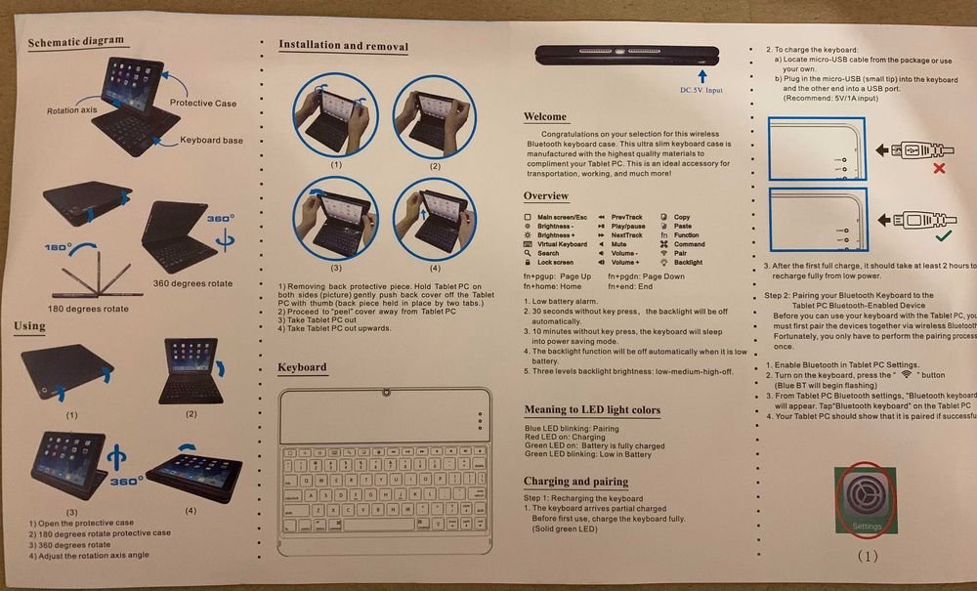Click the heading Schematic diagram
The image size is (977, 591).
pos(75,41)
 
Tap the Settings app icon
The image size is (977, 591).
pos(866,500)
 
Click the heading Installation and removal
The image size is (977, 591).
pos(343,45)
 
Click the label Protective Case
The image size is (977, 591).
pos(203,103)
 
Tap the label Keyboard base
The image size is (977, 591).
pos(211,141)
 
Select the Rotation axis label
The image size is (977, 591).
pos(71,110)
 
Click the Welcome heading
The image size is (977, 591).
pos(544,116)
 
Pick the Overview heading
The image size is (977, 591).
pos(545,196)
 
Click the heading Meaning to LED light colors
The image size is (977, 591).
pos(592,409)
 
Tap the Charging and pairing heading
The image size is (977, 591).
pos(575,482)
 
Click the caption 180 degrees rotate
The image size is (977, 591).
pos(89,309)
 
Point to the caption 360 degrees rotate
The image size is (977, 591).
pos(192,283)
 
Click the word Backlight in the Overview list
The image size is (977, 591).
pos(688,262)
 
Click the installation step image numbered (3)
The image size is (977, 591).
pos(335,222)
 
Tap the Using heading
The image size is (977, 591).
pos(29,325)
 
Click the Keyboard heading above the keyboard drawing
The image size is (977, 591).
pos(302,367)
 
